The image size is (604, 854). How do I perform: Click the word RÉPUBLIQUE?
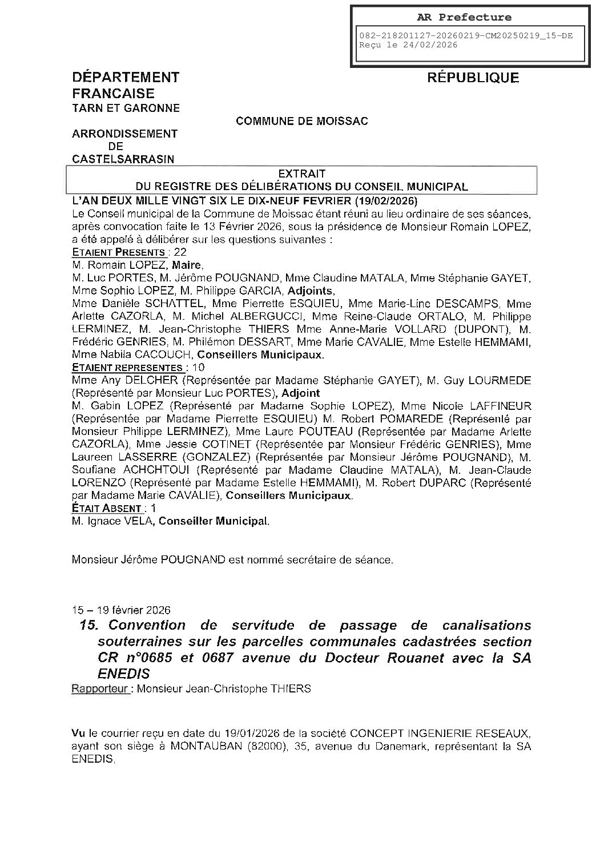tap(473, 78)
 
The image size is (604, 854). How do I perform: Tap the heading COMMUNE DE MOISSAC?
tap(302, 121)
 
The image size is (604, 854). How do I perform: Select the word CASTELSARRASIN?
tap(123, 159)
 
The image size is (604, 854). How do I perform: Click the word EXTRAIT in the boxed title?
tap(301, 174)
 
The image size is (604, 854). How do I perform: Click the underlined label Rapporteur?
tap(99, 688)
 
